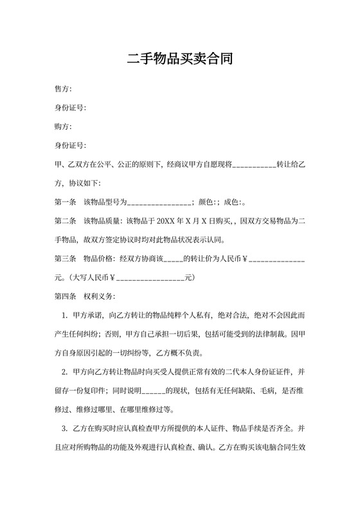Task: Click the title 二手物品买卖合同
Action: [x=179, y=60]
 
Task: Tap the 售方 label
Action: [x=62, y=89]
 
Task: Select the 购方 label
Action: [x=62, y=127]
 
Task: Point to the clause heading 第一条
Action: [x=66, y=202]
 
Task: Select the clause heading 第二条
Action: [x=66, y=221]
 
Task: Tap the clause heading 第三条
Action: [x=66, y=259]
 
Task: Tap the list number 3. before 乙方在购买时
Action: [x=65, y=429]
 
